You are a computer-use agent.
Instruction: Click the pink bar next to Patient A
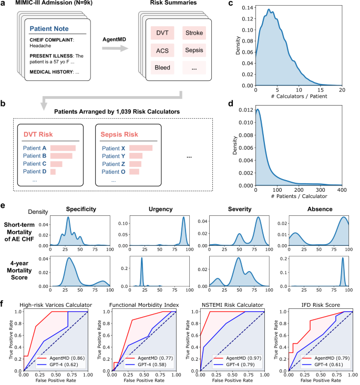63,148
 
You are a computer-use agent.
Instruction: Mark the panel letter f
5,303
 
